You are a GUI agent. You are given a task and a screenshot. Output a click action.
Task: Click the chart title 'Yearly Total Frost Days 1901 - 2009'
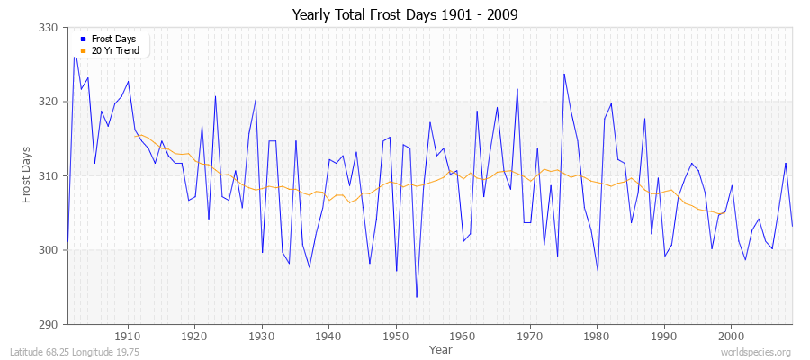405,15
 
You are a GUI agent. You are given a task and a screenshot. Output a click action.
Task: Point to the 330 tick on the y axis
49,28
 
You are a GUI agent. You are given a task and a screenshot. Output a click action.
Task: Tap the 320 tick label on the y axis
49,102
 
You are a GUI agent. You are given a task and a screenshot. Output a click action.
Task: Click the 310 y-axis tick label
49,175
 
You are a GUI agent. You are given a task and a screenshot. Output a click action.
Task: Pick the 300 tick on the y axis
49,250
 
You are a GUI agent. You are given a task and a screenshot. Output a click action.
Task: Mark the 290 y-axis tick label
49,324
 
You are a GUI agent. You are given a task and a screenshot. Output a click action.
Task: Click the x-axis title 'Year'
441,348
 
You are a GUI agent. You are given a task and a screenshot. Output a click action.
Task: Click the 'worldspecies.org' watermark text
755,352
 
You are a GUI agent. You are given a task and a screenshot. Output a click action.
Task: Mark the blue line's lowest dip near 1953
417,297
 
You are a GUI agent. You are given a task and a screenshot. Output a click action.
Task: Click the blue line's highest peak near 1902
75,57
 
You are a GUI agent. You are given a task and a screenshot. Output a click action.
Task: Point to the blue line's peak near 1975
563,74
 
